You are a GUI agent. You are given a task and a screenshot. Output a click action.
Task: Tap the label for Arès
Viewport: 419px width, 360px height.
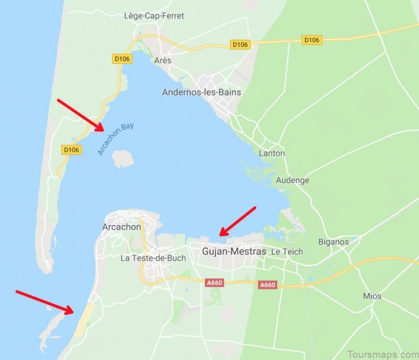[x=163, y=60]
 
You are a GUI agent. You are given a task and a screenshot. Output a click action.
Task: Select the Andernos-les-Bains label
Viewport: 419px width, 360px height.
[x=201, y=92]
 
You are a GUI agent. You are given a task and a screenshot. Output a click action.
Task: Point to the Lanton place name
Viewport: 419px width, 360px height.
[x=272, y=153]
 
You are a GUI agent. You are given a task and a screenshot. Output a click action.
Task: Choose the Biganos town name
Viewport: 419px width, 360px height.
[x=334, y=242]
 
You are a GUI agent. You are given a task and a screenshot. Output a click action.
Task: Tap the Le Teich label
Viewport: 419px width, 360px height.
[x=287, y=252]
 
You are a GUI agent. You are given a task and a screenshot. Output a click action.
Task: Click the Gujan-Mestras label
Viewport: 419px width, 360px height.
[x=234, y=252]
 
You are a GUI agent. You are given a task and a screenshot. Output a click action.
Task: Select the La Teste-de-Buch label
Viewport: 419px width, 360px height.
[x=153, y=257]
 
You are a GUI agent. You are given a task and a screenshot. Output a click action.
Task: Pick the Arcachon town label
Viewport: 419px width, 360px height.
[x=122, y=227]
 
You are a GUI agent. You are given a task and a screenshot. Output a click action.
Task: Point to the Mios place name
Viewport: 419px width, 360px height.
[x=372, y=296]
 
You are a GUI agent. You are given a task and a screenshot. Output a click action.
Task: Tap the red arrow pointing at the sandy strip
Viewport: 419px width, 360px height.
[x=45, y=301]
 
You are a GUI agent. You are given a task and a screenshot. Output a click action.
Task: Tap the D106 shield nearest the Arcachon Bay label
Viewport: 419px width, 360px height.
[x=71, y=150]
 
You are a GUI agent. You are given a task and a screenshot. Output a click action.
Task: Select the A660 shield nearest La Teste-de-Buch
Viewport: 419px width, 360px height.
[x=215, y=283]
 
